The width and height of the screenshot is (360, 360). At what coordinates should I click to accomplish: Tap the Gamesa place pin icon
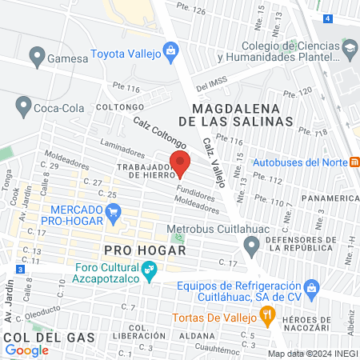[36, 57]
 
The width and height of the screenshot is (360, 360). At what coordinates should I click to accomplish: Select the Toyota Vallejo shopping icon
[170, 52]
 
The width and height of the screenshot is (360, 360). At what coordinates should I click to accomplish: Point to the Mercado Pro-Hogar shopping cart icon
[114, 213]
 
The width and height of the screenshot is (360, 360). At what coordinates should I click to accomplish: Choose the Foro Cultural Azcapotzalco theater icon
[149, 273]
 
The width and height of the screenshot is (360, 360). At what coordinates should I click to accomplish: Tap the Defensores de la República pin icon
[253, 249]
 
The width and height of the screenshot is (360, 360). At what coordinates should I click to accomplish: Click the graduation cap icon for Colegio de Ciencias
[350, 50]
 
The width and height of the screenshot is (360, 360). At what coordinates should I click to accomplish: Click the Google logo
[26, 350]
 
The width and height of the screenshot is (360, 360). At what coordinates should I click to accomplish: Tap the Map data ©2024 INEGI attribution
[311, 353]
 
